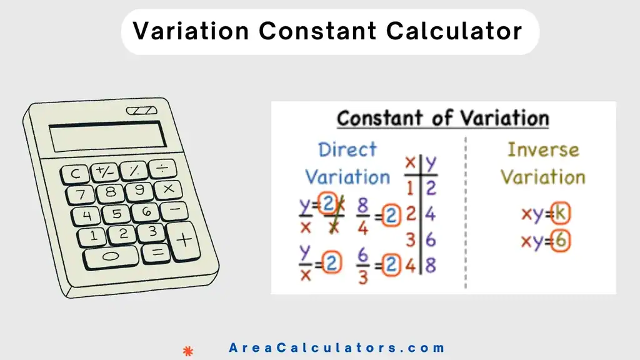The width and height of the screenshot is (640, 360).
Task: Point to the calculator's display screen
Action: click(107, 136)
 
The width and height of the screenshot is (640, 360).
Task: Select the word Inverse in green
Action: click(543, 150)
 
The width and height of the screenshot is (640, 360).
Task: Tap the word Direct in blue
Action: click(347, 150)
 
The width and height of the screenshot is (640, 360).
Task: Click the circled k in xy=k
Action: click(561, 214)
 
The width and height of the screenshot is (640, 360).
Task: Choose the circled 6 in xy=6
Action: click(561, 242)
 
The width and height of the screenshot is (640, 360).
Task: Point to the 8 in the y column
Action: click(430, 264)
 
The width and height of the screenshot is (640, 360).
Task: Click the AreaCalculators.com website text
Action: click(337, 348)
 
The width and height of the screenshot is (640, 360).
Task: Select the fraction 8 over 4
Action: click(363, 216)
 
